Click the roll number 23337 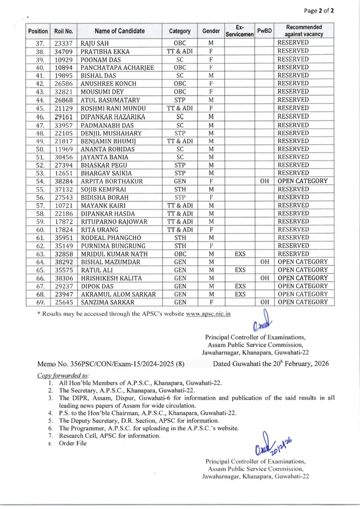click(x=64, y=43)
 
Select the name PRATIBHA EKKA click(x=105, y=51)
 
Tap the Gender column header click(x=211, y=31)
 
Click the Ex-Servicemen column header click(x=240, y=31)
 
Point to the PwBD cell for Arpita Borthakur click(x=265, y=181)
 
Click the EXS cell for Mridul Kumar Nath click(x=240, y=254)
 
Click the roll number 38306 click(x=64, y=277)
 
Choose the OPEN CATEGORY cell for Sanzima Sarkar click(x=302, y=302)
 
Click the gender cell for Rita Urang click(x=211, y=230)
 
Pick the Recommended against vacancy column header click(x=303, y=31)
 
